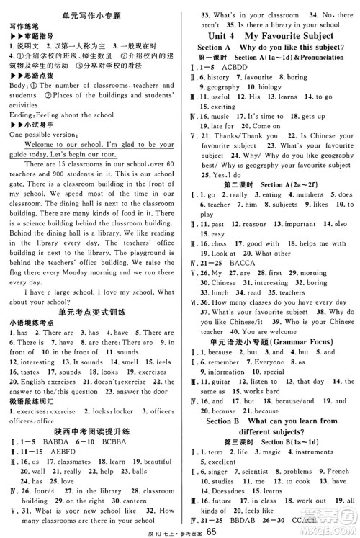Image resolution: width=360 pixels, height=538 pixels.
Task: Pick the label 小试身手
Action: [33, 143]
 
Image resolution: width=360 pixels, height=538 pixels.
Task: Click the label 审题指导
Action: [33, 33]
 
